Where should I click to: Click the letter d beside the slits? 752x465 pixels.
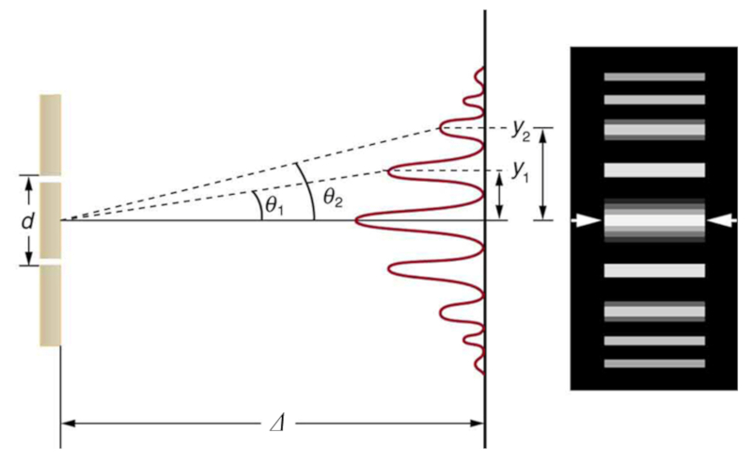[x=28, y=221]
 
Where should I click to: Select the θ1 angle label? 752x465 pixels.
[x=274, y=205]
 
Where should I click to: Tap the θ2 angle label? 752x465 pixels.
[x=333, y=197]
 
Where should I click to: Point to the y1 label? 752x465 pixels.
[x=521, y=170]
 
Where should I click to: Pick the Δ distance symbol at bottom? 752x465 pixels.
[x=278, y=424]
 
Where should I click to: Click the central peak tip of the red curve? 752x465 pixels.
[x=356, y=220]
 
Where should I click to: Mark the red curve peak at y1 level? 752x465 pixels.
[x=389, y=171]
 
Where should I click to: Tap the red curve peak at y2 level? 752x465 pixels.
[x=439, y=128]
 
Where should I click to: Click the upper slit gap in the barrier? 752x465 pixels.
[x=51, y=179]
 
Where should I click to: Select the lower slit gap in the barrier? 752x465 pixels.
[x=51, y=262]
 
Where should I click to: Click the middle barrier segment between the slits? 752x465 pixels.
[x=51, y=220]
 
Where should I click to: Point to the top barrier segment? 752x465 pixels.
[x=51, y=135]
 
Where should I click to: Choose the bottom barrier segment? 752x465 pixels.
[x=51, y=306]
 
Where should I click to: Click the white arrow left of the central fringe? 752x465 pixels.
[x=586, y=220]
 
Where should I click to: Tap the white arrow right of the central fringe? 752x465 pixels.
[x=722, y=220]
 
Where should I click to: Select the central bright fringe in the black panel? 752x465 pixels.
[x=654, y=220]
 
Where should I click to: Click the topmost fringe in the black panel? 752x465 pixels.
[x=654, y=77]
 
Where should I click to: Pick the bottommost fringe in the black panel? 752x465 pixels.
[x=654, y=363]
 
